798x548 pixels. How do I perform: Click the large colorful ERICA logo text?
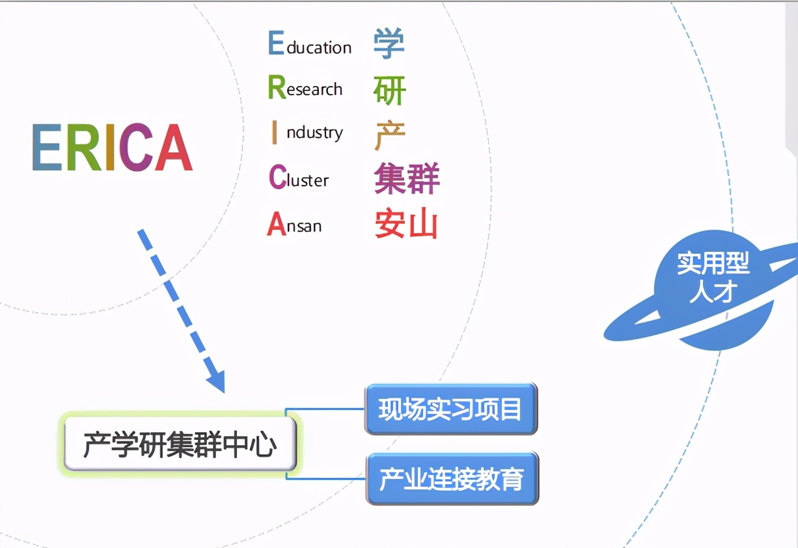[112, 148]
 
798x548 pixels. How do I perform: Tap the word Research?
[305, 88]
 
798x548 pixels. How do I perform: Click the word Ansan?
[294, 225]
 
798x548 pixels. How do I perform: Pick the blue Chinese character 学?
[389, 43]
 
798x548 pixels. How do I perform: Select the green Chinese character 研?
[390, 90]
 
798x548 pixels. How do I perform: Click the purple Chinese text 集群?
[407, 179]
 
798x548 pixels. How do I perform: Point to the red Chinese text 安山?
[406, 225]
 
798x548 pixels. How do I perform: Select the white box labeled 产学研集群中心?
[180, 445]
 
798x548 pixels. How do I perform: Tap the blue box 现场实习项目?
[451, 409]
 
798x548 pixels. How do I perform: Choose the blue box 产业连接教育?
[452, 479]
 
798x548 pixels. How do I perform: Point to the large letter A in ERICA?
[173, 148]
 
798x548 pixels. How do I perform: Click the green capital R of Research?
[277, 87]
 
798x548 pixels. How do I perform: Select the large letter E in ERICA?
[47, 148]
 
